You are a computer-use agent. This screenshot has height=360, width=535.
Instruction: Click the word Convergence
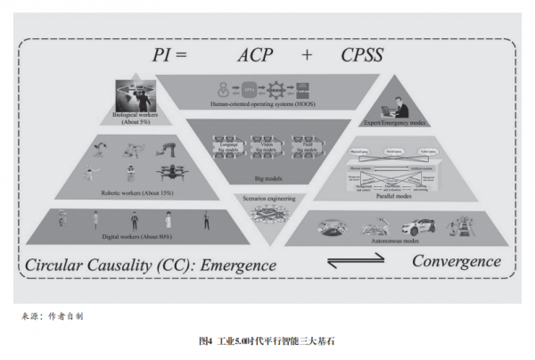point(456,261)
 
